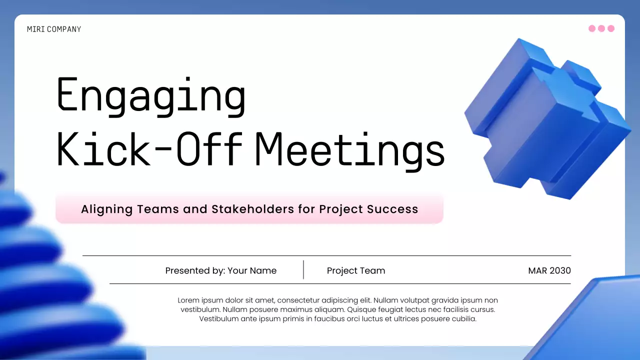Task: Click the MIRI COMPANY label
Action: (x=54, y=29)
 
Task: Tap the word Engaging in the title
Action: (x=150, y=95)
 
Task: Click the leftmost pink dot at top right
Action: (x=592, y=28)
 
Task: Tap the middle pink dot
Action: (x=601, y=28)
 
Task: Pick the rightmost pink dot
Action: (x=610, y=28)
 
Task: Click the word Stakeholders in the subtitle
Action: (x=253, y=209)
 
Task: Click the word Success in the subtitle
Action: (x=392, y=209)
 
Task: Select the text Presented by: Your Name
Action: (x=220, y=270)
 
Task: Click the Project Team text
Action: (x=356, y=270)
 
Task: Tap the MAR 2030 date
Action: (x=549, y=270)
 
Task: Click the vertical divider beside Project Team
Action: (x=303, y=269)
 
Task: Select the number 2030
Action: (x=560, y=270)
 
